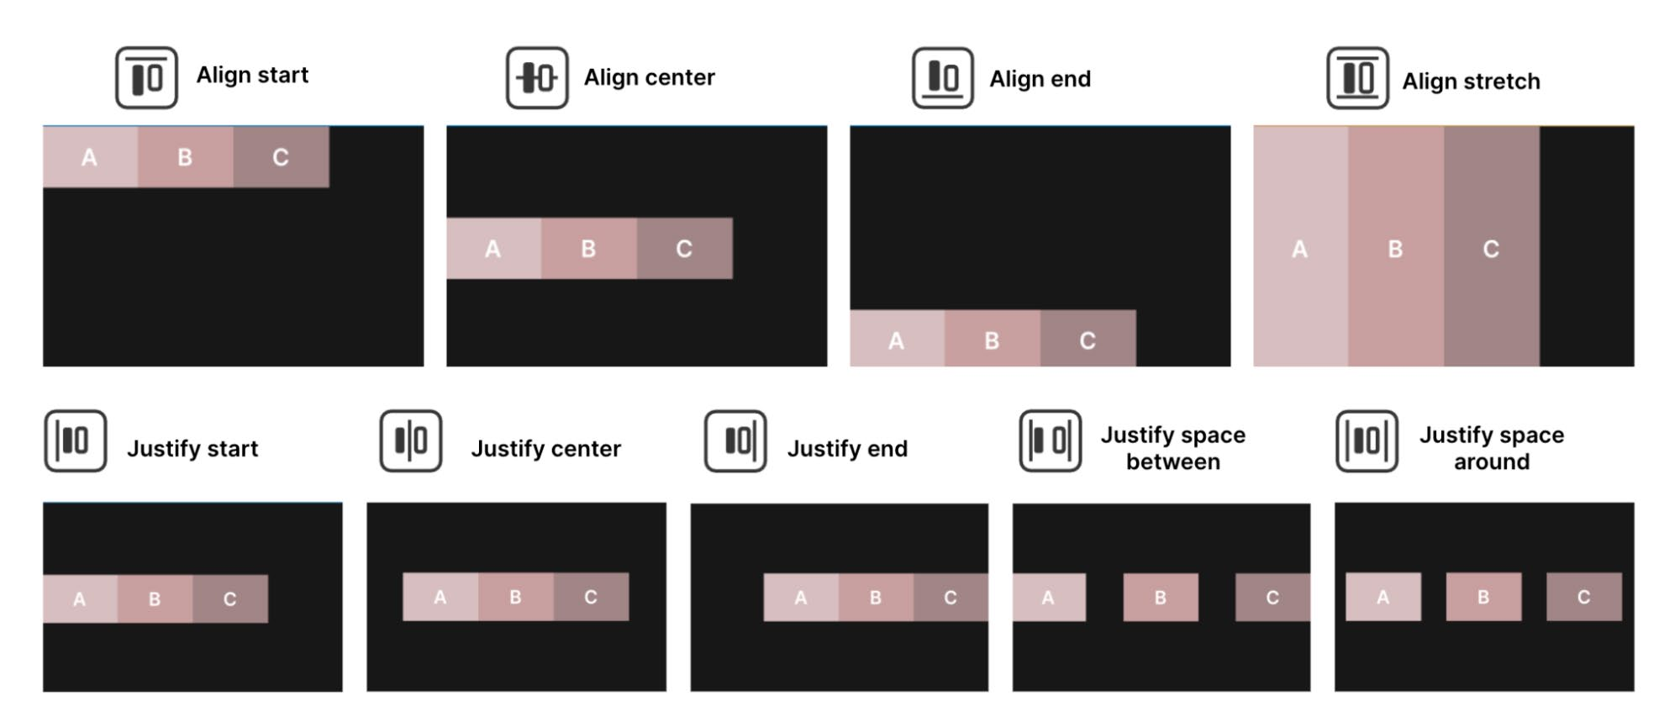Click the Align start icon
tap(146, 78)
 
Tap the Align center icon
tap(537, 78)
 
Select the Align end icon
tap(943, 78)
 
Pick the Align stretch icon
tap(1357, 78)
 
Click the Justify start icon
tap(76, 441)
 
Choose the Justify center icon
tap(411, 441)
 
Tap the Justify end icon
tap(735, 441)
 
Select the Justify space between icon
tap(1051, 441)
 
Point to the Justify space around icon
tap(1367, 441)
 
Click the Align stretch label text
tap(1471, 82)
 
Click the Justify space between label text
tap(1173, 448)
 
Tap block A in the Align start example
tap(91, 157)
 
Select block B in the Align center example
tap(589, 249)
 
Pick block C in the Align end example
tap(1088, 339)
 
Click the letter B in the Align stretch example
tap(1395, 250)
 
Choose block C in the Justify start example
tap(230, 599)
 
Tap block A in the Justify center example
tap(440, 597)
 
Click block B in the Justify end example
tap(876, 598)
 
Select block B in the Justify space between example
tap(1161, 598)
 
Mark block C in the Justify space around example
tap(1584, 597)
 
